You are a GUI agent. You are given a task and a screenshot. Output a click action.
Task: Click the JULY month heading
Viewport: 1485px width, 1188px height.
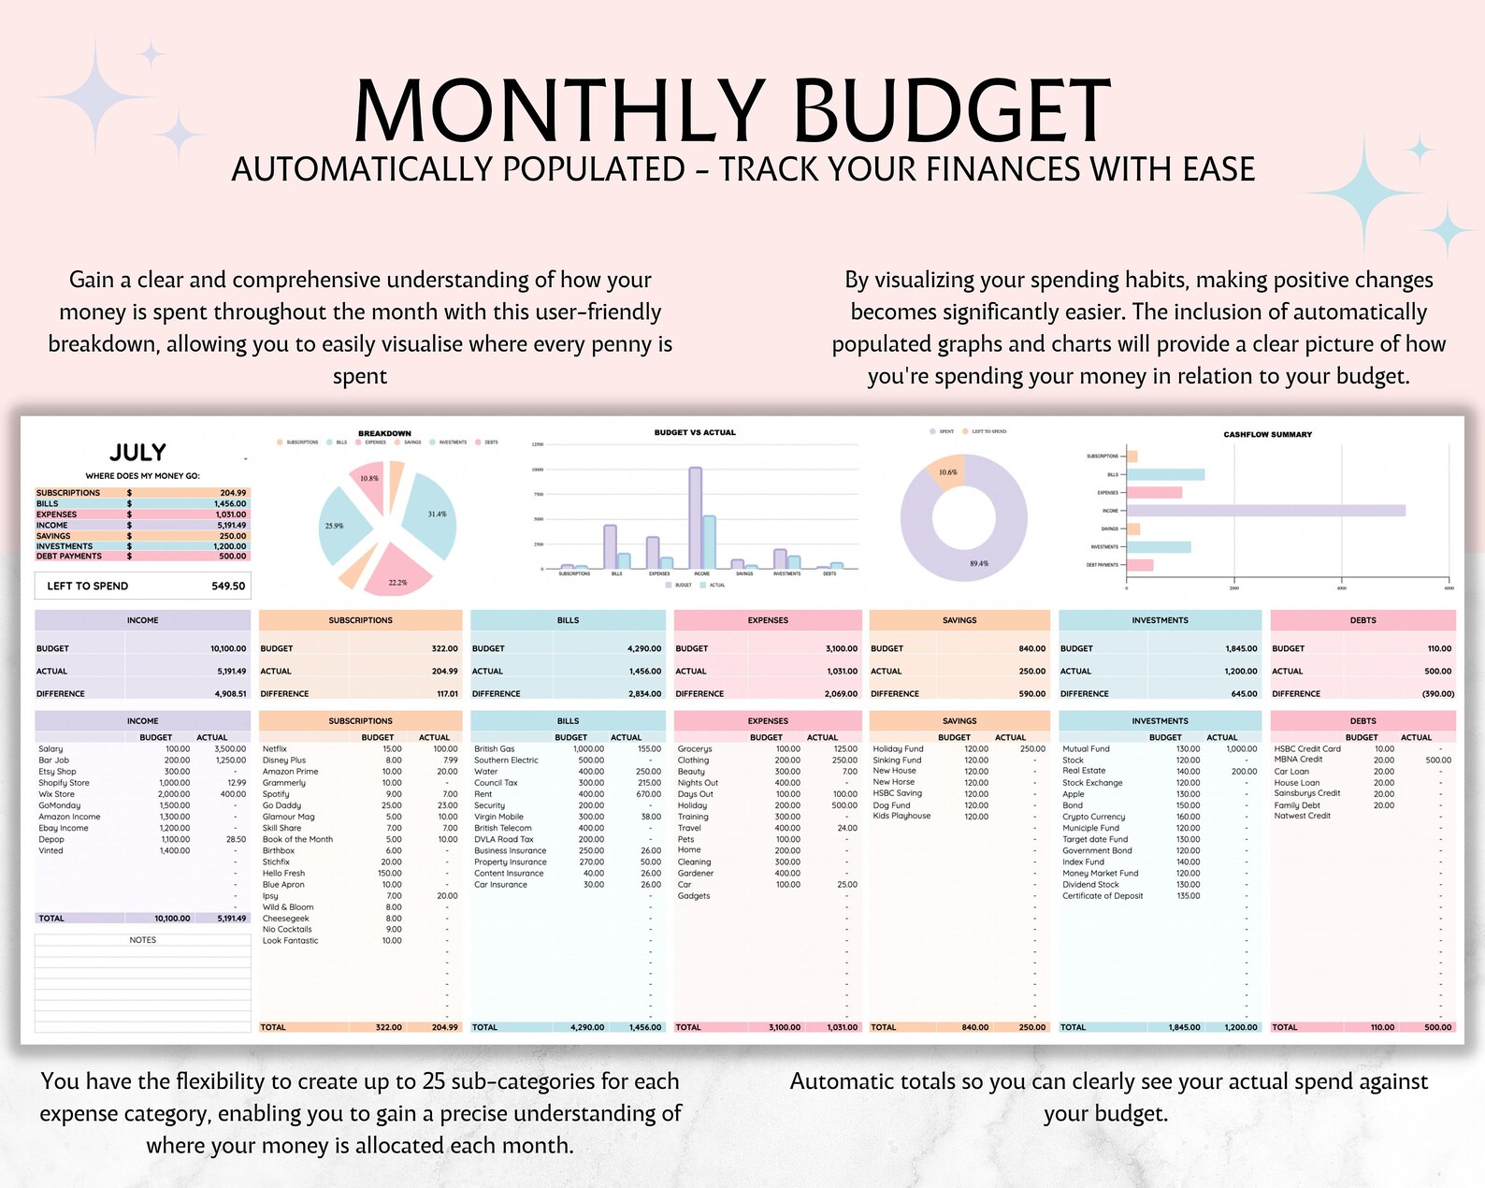coord(137,453)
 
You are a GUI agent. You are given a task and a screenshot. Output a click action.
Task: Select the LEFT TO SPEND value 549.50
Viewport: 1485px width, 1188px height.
coord(228,587)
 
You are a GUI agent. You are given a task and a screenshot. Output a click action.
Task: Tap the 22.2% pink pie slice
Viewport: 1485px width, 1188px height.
coord(396,573)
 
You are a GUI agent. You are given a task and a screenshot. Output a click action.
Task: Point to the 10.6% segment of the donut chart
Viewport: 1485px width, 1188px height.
coord(948,473)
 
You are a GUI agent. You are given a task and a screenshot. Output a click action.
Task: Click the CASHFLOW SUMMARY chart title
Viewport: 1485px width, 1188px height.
coord(1267,435)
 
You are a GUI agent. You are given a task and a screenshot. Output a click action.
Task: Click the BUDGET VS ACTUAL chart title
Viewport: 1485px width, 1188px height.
coord(694,433)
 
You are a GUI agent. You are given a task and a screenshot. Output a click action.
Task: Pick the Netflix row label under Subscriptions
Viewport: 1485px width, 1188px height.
coord(275,749)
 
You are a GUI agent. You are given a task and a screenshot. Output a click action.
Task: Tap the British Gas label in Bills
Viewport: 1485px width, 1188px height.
coord(494,749)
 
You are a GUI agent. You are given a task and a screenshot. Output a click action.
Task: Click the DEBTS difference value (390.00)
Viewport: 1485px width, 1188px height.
coord(1437,694)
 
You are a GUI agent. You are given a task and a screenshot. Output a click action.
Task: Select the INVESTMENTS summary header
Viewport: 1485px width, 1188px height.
coord(1160,620)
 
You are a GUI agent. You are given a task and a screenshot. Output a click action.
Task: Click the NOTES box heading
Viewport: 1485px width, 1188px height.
coord(142,940)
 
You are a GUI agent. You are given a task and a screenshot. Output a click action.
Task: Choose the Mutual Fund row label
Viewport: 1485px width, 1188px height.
coord(1086,749)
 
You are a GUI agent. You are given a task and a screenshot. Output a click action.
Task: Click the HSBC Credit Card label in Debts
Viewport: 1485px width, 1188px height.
coord(1306,749)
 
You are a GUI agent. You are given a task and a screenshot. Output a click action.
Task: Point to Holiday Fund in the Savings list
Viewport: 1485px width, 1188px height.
coord(898,749)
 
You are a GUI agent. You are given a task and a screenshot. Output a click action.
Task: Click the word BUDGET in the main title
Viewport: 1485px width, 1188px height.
coord(951,111)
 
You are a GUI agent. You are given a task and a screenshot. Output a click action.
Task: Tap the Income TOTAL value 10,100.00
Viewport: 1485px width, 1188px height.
coord(172,919)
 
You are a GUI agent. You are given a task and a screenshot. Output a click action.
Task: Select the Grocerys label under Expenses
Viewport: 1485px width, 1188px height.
coord(695,749)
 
